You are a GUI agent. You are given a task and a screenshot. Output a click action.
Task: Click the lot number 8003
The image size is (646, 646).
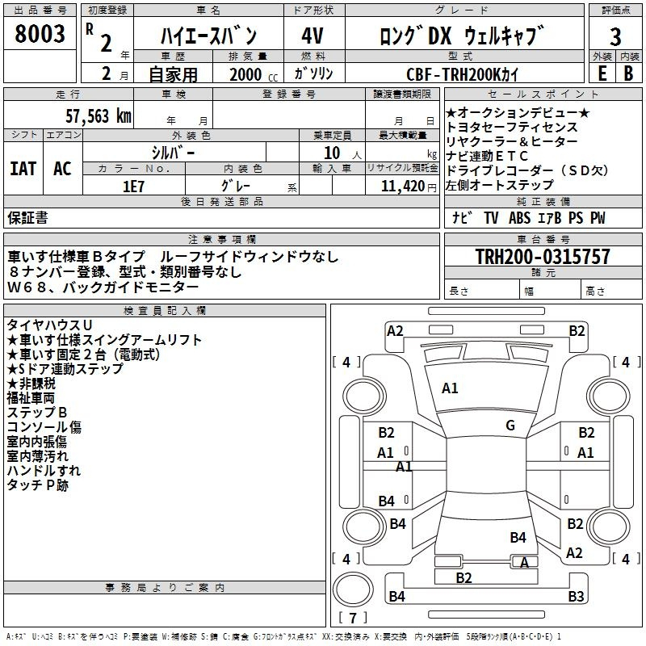tap(40, 34)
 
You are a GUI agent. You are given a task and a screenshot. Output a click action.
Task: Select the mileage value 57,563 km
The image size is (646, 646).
tap(99, 116)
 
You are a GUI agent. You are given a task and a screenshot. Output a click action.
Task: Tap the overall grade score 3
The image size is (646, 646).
tap(615, 36)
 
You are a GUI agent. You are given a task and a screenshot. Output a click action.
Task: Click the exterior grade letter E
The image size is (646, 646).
tap(602, 73)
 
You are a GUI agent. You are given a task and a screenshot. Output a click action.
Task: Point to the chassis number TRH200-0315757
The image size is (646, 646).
tap(543, 256)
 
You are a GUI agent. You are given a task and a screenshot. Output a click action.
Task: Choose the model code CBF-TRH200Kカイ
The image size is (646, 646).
tap(462, 74)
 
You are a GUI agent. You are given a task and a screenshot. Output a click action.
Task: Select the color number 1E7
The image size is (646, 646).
tap(133, 187)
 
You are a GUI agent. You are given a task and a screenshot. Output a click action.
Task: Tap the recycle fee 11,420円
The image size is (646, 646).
tap(409, 187)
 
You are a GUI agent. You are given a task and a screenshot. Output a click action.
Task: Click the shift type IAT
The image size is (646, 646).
tap(23, 169)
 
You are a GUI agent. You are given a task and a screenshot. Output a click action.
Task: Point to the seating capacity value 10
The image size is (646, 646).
tap(332, 153)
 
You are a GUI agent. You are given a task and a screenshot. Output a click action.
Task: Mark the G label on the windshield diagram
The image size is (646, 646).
tap(510, 426)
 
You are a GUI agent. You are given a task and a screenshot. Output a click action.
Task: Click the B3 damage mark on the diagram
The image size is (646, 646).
tap(576, 596)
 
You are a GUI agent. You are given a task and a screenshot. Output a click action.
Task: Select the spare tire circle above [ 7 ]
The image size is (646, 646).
tap(353, 589)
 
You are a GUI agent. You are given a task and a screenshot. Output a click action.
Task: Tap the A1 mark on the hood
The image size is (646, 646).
tap(450, 388)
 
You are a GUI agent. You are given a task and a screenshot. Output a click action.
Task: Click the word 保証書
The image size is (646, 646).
tap(27, 217)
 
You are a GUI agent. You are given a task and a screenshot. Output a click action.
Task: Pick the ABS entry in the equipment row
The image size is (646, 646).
tap(519, 218)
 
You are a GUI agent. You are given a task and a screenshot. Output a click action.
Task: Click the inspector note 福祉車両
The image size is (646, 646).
tap(31, 398)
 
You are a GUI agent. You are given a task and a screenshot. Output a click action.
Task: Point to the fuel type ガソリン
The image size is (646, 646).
tap(313, 73)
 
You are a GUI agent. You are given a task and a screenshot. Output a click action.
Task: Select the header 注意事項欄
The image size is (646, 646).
tap(222, 239)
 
